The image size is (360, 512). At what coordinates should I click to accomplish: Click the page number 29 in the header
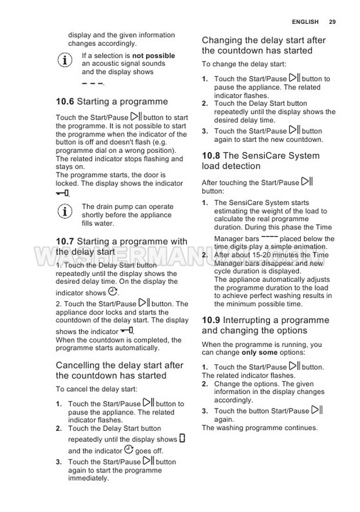tap(332, 22)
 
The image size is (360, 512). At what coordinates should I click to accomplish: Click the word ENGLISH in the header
tap(305, 22)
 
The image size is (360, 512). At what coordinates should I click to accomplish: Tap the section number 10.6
tap(65, 102)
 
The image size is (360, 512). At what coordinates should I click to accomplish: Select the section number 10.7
tap(65, 241)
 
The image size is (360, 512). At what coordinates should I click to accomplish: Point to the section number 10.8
tap(211, 156)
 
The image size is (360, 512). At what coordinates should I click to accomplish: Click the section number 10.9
tap(211, 320)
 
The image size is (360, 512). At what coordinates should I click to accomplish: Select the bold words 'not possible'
tap(153, 56)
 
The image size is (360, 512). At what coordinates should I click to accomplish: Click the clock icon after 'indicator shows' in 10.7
tap(113, 292)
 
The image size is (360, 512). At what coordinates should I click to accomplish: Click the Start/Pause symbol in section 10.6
tap(136, 116)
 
